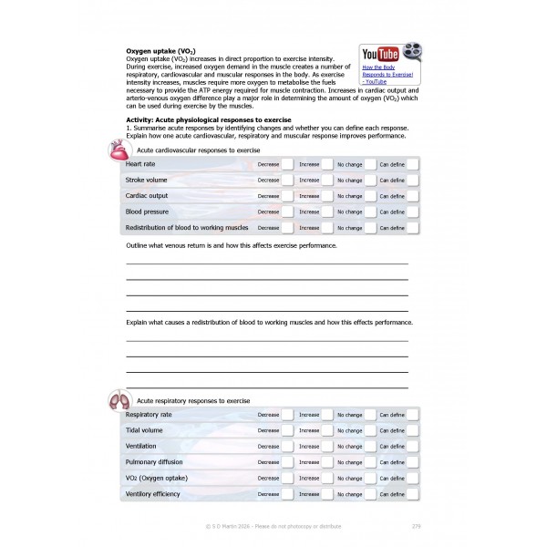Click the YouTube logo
coord(380,55)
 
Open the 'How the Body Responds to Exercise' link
coord(387,74)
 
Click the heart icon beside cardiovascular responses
coord(117,150)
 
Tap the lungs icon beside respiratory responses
coord(118,399)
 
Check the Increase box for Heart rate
coord(328,164)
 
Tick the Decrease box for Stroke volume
coord(287,181)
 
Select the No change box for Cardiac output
coord(369,196)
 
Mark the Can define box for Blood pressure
coord(412,212)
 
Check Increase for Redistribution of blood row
coord(328,228)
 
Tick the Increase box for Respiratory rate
coord(328,415)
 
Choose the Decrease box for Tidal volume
coord(287,430)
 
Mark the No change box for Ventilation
coord(369,447)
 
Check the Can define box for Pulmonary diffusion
coord(412,462)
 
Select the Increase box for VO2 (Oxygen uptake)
coord(328,478)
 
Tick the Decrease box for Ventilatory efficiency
coord(287,494)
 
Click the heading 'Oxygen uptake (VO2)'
coord(160,51)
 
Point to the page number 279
coord(416,526)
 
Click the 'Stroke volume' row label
coord(146,181)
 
